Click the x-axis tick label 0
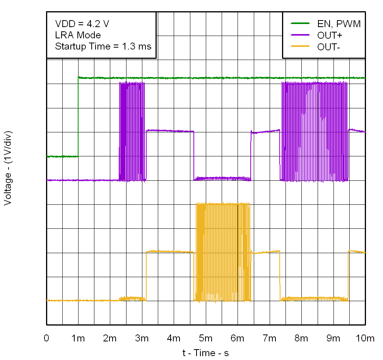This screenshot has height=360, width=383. pyautogui.click(x=47, y=338)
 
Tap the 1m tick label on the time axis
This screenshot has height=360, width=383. pyautogui.click(x=79, y=338)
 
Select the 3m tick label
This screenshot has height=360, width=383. pyautogui.click(x=142, y=338)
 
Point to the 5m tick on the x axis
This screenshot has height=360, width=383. pyautogui.click(x=205, y=338)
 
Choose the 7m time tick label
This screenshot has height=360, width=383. pyautogui.click(x=269, y=338)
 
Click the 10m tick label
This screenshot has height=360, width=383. pyautogui.click(x=365, y=338)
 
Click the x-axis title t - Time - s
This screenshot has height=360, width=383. pyautogui.click(x=205, y=353)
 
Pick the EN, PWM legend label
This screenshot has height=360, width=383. pyautogui.click(x=339, y=24)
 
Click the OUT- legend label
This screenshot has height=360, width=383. pyautogui.click(x=330, y=47)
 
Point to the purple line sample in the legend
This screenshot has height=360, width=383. pyautogui.click(x=300, y=36)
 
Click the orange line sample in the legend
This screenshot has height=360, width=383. pyautogui.click(x=300, y=47)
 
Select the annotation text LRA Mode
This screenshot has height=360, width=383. pyautogui.click(x=78, y=35)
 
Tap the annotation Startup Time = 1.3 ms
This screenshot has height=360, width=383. pyautogui.click(x=103, y=46)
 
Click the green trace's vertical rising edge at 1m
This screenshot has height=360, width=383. pyautogui.click(x=79, y=116)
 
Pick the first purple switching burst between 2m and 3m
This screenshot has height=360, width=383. pyautogui.click(x=132, y=132)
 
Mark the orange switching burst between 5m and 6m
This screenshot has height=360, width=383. pyautogui.click(x=223, y=252)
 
